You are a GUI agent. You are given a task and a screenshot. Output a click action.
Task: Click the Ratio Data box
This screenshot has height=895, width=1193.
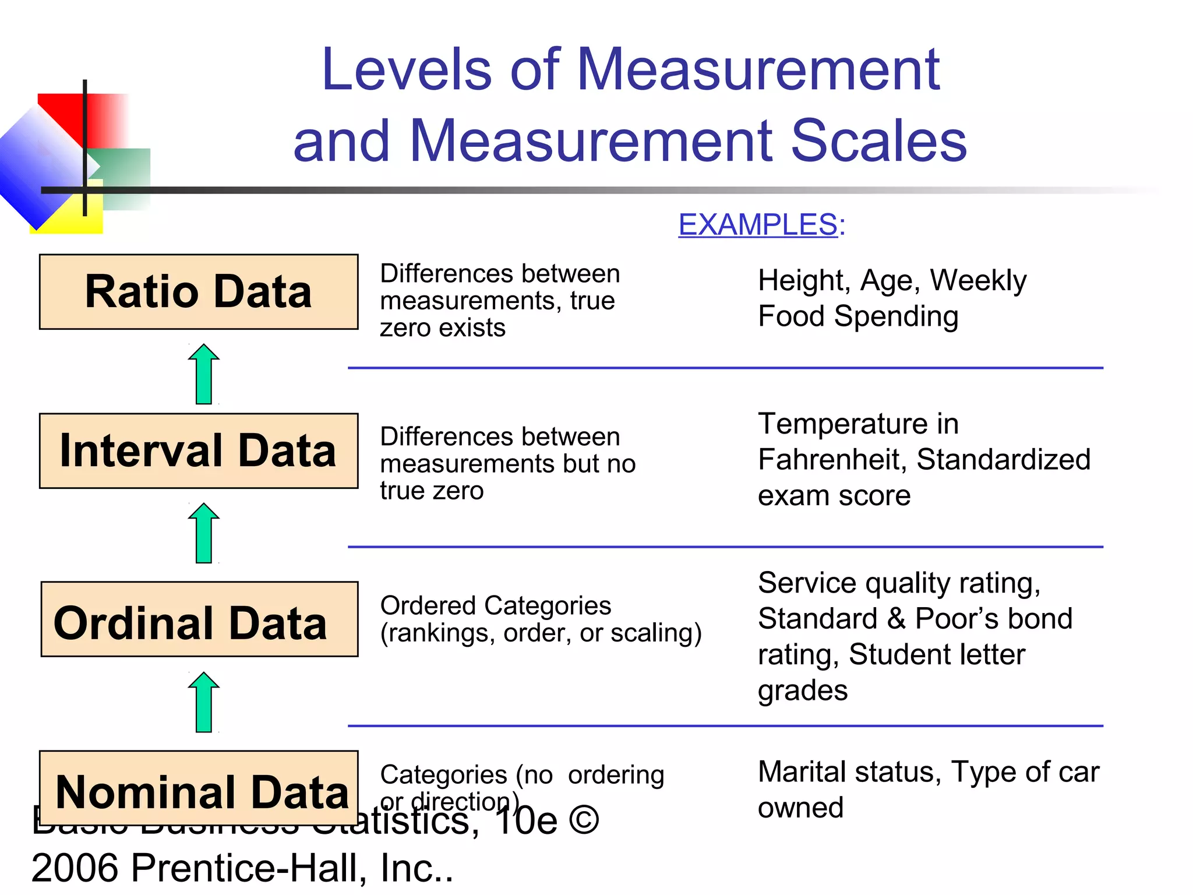coord(199,292)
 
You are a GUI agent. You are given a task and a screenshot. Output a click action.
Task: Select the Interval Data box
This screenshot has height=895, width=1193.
coord(199,451)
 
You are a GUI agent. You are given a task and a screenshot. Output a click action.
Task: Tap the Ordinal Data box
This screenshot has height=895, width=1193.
coord(199,619)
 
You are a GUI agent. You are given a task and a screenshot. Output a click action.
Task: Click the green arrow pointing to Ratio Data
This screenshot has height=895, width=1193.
coord(204,374)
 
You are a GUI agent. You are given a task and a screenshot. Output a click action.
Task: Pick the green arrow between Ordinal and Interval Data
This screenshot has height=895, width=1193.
coord(204,533)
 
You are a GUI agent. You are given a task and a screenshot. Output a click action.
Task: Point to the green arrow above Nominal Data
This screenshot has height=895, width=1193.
coord(204,702)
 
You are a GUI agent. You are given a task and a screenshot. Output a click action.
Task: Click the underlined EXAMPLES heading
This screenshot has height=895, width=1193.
coord(758,225)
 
